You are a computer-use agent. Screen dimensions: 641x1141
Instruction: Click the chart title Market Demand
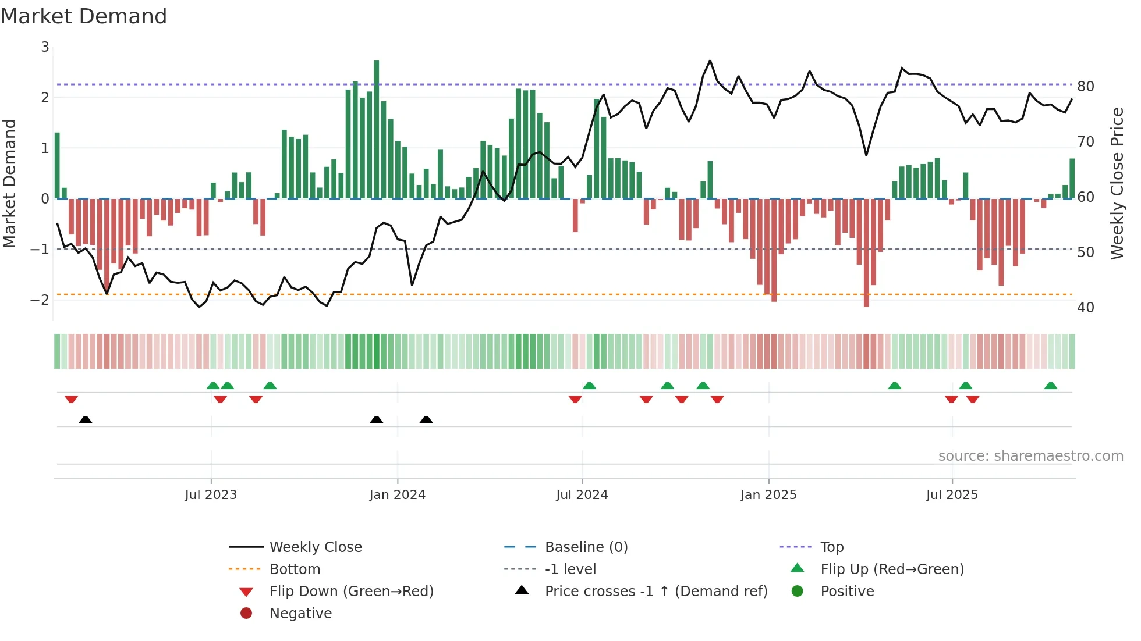coord(84,16)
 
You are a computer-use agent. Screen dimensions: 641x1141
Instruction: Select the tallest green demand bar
coord(377,129)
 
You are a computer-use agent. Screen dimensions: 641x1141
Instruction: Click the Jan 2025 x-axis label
coord(768,495)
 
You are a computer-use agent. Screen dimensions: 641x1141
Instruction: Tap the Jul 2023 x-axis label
coord(211,495)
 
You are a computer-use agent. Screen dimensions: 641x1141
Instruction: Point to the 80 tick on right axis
coord(1085,87)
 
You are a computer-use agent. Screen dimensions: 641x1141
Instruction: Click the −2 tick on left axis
coord(40,300)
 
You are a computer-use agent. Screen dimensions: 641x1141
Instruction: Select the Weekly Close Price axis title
coord(1117,183)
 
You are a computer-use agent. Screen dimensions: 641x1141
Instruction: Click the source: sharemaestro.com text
coord(1030,456)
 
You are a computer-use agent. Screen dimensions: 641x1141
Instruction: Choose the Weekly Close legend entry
coord(315,547)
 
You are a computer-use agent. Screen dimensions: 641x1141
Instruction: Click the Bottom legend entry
coord(295,569)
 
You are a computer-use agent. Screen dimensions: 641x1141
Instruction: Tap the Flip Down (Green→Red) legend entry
coord(351,592)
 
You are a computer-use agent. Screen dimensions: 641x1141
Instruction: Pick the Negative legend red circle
coord(246,614)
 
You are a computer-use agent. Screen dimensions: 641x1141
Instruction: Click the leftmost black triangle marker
coord(86,419)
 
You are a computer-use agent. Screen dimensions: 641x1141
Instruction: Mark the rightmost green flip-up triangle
coord(1051,386)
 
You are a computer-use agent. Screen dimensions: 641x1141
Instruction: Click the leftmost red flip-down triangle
coord(72,399)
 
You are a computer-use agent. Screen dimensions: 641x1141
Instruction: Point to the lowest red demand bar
coord(866,253)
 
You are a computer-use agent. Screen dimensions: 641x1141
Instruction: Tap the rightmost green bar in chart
coord(1072,179)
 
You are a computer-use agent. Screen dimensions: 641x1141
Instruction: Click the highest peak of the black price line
coord(710,61)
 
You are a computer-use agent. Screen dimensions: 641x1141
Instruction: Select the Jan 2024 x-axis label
coord(398,495)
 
